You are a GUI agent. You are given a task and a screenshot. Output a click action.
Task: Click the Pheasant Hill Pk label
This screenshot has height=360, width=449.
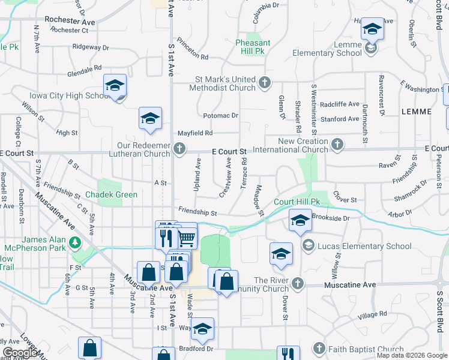[x=253, y=47]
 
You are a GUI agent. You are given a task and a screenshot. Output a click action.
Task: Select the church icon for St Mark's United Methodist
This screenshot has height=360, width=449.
[x=265, y=83]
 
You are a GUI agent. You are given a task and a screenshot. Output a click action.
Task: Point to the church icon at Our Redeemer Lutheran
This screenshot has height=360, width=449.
[x=179, y=148]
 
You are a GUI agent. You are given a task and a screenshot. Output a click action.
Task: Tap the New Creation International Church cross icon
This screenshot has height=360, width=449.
[x=337, y=144]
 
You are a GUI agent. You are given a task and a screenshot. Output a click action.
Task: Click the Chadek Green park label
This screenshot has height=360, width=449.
[x=111, y=195]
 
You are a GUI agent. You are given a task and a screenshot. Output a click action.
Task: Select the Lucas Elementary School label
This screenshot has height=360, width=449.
[x=366, y=245]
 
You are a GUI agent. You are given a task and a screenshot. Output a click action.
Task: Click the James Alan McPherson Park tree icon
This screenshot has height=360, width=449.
[x=75, y=242]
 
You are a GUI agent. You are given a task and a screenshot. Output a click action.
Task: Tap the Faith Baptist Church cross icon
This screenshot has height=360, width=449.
[x=319, y=348]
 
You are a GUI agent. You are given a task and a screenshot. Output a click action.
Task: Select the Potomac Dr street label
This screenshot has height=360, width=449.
[x=220, y=115]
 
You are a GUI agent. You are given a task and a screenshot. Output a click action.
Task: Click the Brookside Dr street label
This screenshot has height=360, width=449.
[x=331, y=219]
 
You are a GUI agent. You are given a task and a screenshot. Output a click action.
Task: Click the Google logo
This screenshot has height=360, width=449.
[x=20, y=352]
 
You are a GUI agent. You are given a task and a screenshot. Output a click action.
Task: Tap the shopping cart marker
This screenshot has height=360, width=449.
[x=186, y=237]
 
